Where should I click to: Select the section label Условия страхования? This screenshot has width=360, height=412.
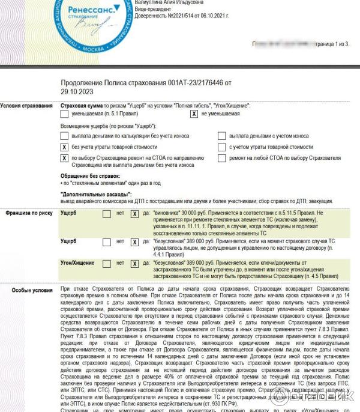pyautogui.click(x=26, y=106)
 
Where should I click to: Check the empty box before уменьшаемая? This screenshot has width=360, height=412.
pyautogui.click(x=64, y=114)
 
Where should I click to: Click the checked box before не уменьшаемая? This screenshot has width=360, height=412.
pyautogui.click(x=194, y=114)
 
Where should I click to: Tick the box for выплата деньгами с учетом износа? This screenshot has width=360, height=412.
pyautogui.click(x=221, y=136)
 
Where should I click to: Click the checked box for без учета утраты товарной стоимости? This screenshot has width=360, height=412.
pyautogui.click(x=64, y=147)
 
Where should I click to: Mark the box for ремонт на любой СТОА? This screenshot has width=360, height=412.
pyautogui.click(x=221, y=158)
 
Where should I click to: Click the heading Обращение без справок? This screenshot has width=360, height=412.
pyautogui.click(x=91, y=176)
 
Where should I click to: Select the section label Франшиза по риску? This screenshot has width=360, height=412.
pyautogui.click(x=29, y=213)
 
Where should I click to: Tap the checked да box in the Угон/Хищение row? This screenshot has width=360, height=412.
pyautogui.click(x=134, y=263)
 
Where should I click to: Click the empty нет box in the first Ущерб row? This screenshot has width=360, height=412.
pyautogui.click(x=106, y=213)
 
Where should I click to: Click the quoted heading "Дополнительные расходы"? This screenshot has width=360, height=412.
pyautogui.click(x=96, y=195)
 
